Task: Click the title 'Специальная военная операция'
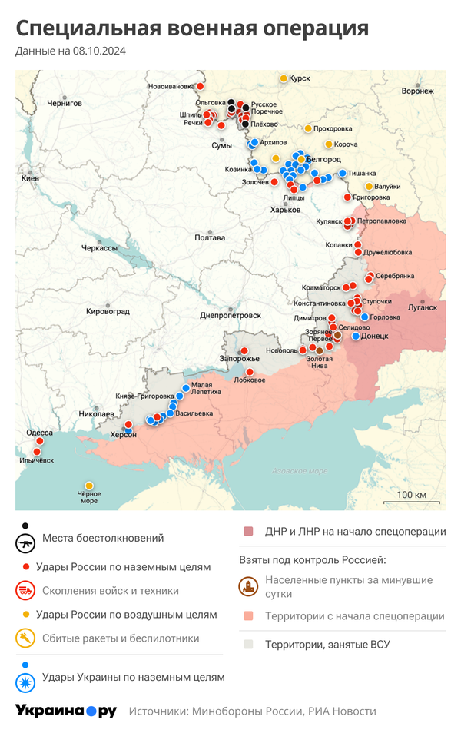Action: point(192,29)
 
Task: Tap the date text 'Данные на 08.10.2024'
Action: point(71,51)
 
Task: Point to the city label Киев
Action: point(30,178)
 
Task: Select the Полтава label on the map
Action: point(210,237)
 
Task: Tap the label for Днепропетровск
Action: point(230,315)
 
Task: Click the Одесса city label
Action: point(40,433)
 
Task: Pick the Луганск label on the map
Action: point(422,307)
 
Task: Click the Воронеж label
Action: point(417,91)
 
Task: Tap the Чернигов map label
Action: point(65,102)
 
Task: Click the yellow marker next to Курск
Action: point(284,78)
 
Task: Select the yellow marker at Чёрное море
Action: point(89,486)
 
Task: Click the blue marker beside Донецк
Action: point(356,336)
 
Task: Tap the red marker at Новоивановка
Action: point(200,86)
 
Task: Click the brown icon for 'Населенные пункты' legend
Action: point(249,587)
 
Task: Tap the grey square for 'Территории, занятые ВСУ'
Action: point(248,645)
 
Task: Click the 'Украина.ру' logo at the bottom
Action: point(66,711)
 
